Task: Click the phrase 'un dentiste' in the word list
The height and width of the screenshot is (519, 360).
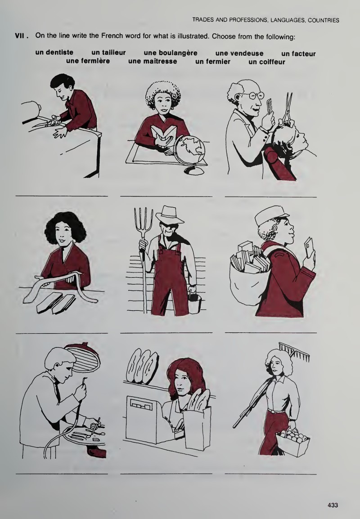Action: (54, 52)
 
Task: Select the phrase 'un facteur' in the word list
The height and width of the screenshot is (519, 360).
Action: (298, 54)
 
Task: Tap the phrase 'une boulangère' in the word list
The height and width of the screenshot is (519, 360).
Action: (171, 53)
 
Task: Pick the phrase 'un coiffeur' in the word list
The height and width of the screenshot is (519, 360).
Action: (266, 62)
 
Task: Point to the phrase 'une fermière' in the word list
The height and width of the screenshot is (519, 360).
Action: (88, 61)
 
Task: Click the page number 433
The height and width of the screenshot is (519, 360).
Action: (333, 505)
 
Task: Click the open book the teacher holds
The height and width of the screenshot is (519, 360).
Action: (165, 136)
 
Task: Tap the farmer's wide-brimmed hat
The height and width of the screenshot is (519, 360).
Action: (170, 215)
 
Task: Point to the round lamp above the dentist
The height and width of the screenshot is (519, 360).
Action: (83, 357)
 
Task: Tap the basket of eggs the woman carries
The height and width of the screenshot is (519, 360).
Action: (293, 441)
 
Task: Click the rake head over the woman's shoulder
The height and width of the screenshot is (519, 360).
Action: (295, 352)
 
